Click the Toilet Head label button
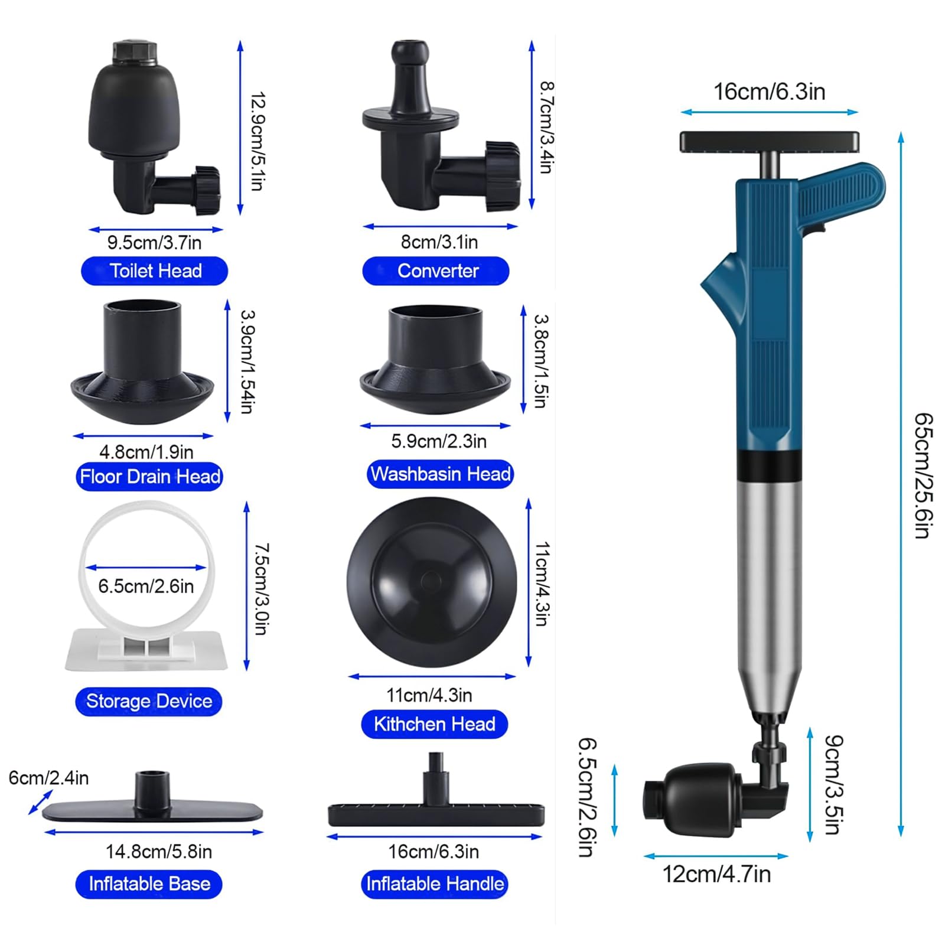pos(154,271)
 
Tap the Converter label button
pos(436,271)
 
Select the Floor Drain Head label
pos(149,477)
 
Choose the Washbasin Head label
pos(440,474)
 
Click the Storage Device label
pos(149,701)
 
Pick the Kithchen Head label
pos(435,724)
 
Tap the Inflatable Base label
pos(149,884)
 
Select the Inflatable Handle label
pos(435,884)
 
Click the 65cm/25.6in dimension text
pos(924,475)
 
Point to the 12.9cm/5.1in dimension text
pos(258,141)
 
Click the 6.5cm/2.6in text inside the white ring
pos(146,586)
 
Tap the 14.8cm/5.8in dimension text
pos(158,852)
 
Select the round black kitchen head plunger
pos(432,582)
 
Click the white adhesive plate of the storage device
pos(146,650)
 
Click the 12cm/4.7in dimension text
pos(716,875)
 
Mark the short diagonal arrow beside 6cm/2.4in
pos(40,803)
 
